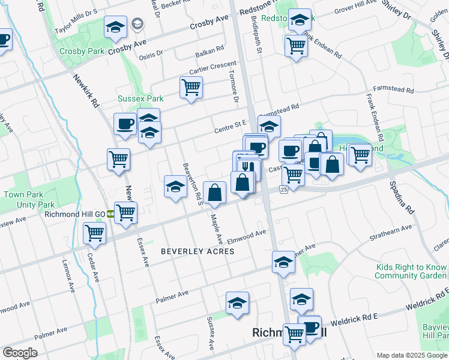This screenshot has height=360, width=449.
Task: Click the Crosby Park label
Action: (82, 51)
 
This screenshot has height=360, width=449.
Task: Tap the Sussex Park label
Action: (140, 98)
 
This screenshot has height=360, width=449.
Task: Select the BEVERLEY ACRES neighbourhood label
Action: (197, 251)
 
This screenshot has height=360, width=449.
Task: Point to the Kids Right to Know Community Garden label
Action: (411, 271)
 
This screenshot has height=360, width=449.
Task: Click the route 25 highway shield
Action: (284, 189)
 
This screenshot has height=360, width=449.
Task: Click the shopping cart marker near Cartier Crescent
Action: (191, 88)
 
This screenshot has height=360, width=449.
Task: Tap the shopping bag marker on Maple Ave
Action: (214, 192)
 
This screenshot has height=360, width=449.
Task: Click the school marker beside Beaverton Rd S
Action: (175, 186)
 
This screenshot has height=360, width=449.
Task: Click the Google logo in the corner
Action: (20, 353)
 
